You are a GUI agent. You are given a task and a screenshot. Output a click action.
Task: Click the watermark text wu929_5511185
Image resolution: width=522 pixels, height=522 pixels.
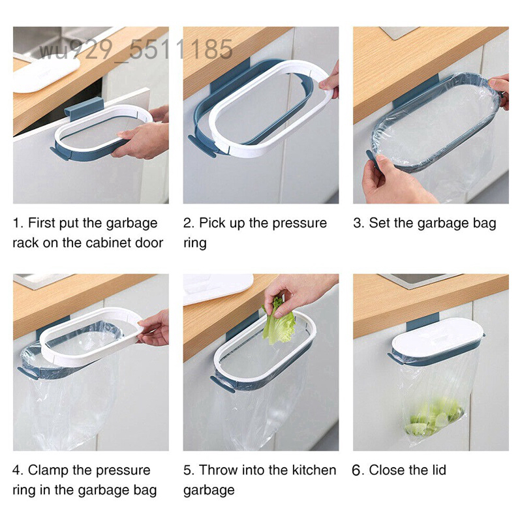click(136, 50)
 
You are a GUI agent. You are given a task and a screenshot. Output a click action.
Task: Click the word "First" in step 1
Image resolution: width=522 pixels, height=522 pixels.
click(41, 223)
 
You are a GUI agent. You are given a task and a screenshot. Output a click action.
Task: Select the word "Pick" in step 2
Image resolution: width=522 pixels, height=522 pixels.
click(212, 223)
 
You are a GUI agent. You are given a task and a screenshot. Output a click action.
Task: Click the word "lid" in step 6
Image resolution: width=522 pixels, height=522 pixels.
click(438, 470)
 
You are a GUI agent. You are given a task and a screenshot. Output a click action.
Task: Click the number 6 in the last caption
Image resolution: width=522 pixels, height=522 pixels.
click(356, 470)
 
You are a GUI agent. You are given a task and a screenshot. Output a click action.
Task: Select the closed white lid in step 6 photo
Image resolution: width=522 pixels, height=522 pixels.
click(437, 336)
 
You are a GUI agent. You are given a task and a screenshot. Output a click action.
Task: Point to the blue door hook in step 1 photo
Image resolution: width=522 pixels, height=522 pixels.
click(84, 107)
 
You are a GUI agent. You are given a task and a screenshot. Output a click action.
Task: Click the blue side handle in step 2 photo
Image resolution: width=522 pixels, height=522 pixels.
click(202, 146)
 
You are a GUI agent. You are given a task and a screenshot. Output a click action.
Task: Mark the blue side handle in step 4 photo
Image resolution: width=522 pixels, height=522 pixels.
click(28, 373)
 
